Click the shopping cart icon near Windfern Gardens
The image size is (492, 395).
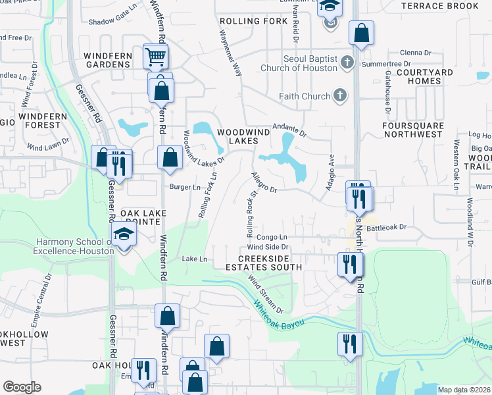pyautogui.click(x=155, y=57)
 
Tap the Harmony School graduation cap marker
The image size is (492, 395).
pyautogui.click(x=123, y=235)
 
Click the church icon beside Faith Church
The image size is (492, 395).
pyautogui.click(x=340, y=96)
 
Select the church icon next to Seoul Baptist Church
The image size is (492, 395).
pyautogui.click(x=348, y=63)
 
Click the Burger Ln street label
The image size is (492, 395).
pyautogui.click(x=185, y=188)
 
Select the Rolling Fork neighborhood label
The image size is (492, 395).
pyautogui.click(x=254, y=21)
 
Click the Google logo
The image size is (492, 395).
pyautogui.click(x=22, y=387)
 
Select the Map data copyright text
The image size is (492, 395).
pyautogui.click(x=464, y=390)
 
